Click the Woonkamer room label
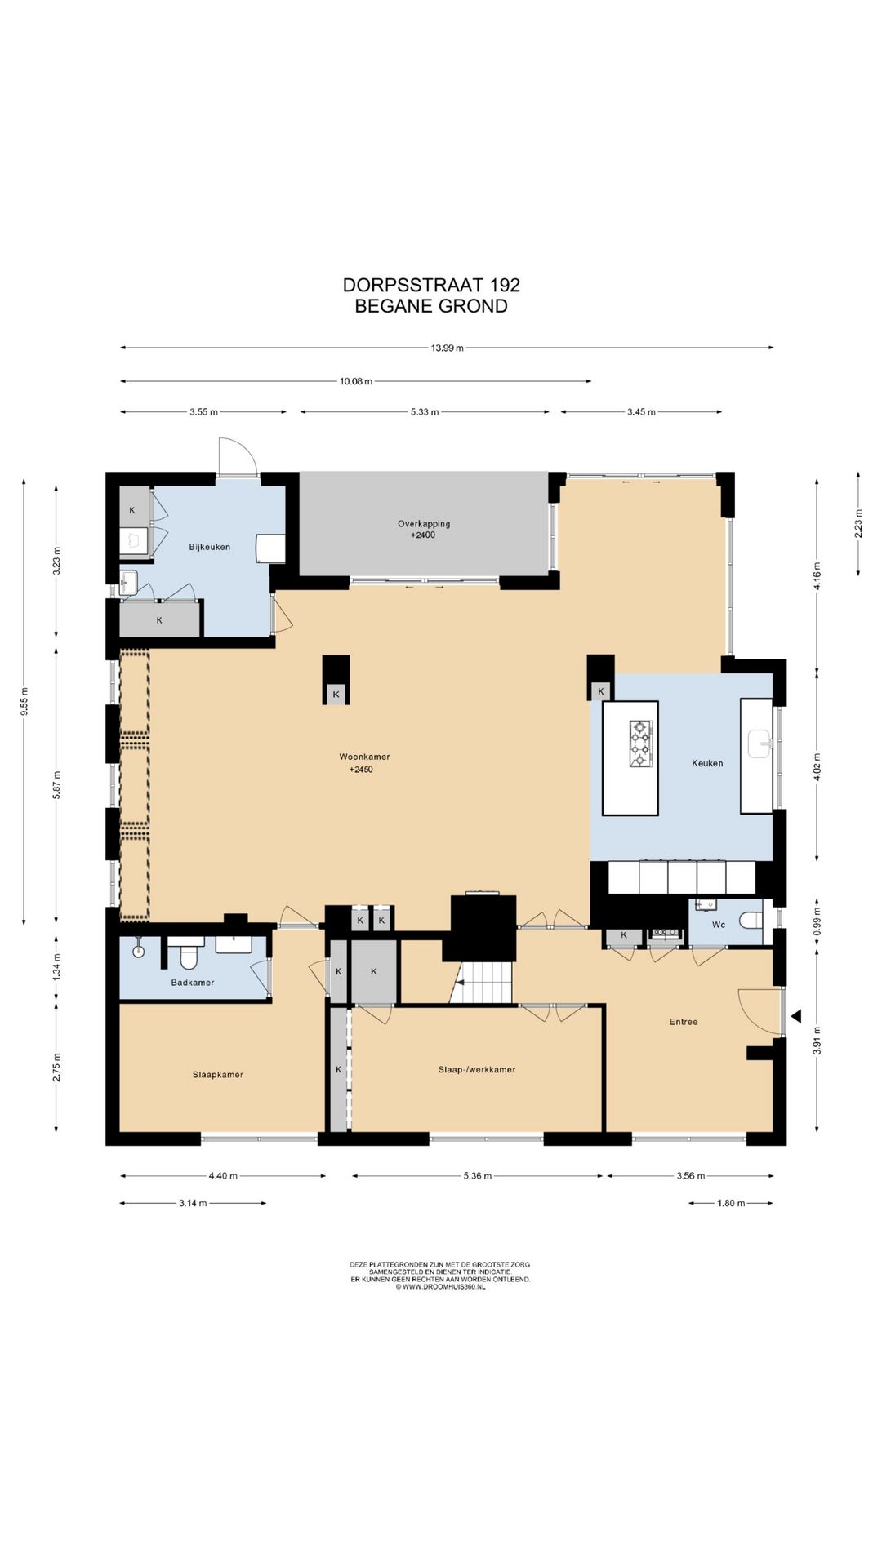click(x=364, y=757)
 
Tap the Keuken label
click(x=707, y=763)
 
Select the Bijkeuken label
click(x=210, y=547)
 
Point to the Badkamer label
click(x=193, y=983)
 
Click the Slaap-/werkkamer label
click(x=477, y=1069)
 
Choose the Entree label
click(x=684, y=1022)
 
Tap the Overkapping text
click(x=424, y=524)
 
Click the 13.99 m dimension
click(x=447, y=348)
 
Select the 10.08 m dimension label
click(x=356, y=381)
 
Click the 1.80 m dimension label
click(x=731, y=1203)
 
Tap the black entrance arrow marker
click(x=795, y=1016)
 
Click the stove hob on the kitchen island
click(x=640, y=744)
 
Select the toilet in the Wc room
click(x=751, y=921)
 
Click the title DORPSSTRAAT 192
click(x=431, y=285)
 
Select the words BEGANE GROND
click(x=431, y=306)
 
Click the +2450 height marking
click(x=361, y=770)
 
